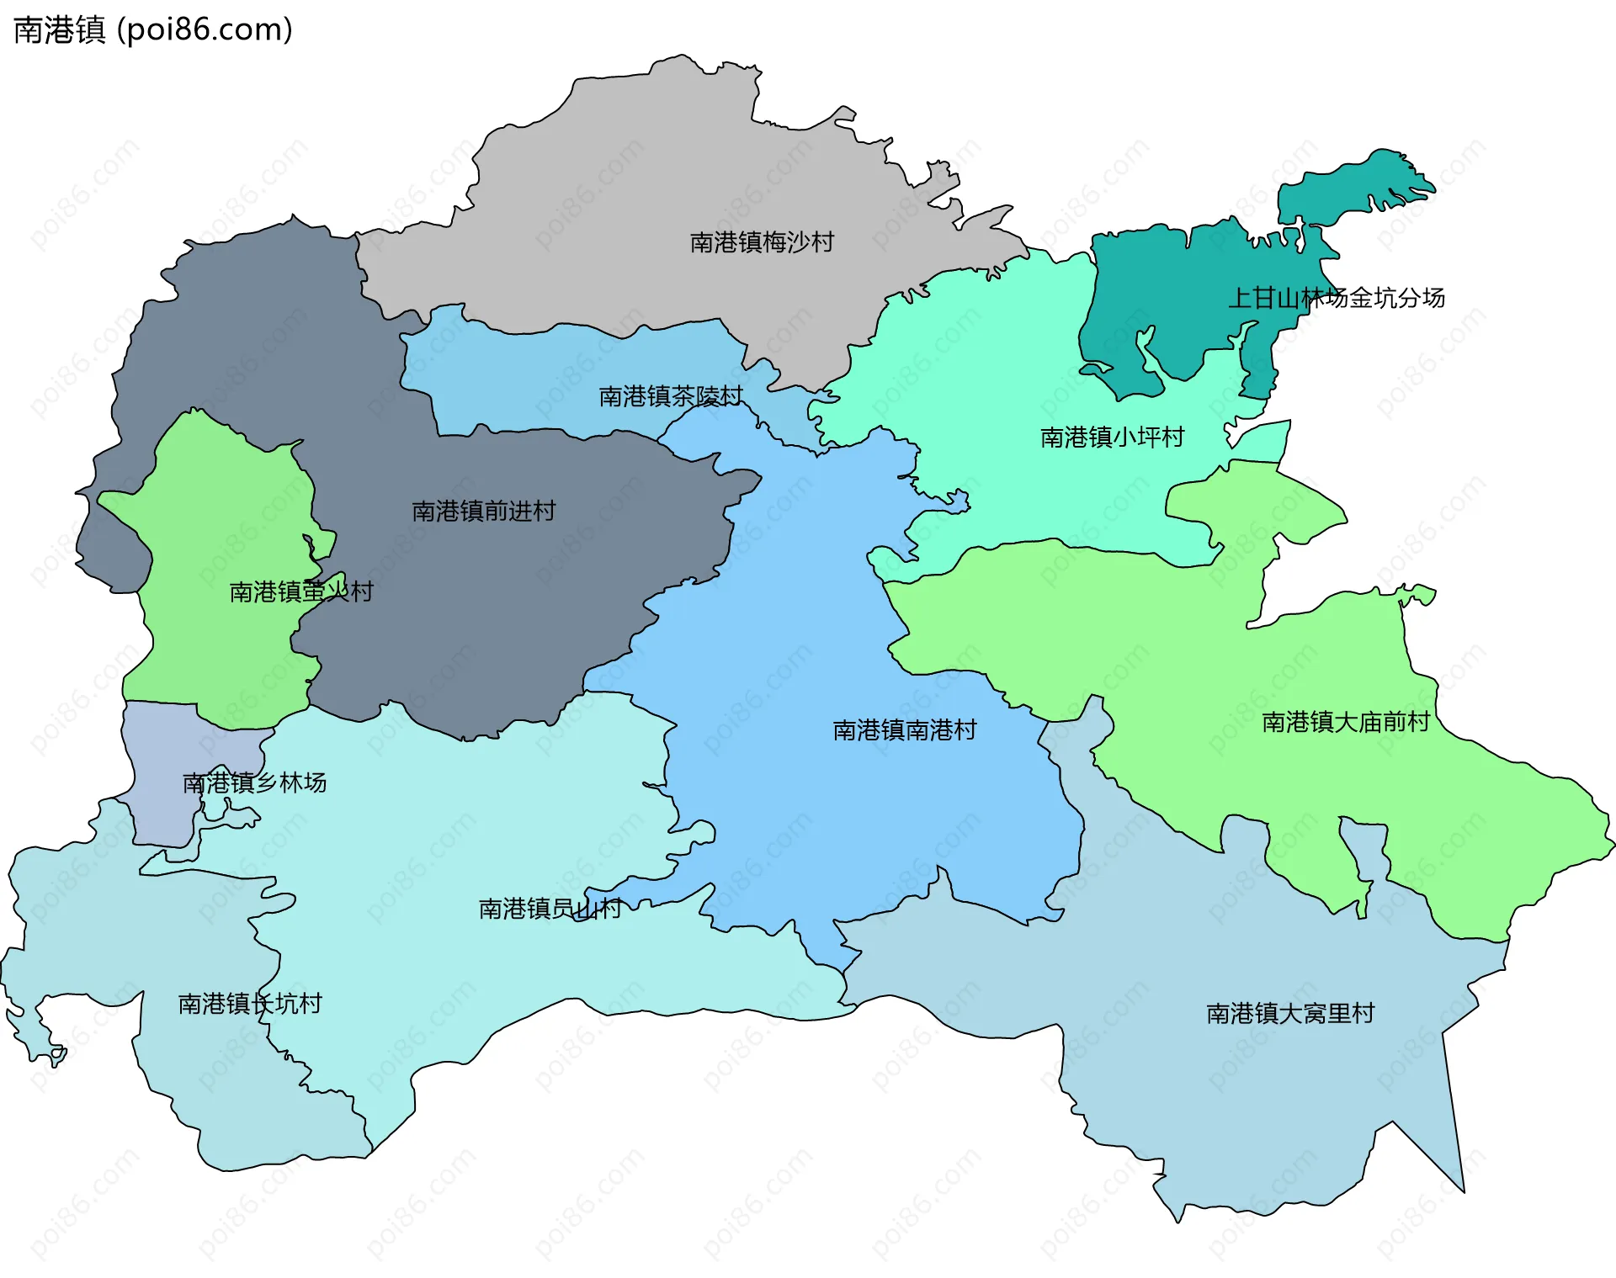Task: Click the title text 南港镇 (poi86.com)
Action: [153, 29]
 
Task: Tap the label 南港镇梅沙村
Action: [762, 242]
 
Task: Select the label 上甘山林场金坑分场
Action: [1336, 297]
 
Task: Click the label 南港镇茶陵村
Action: [671, 395]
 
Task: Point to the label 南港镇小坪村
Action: [1112, 437]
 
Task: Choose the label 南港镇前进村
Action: [483, 511]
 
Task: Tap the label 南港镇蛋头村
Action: [300, 591]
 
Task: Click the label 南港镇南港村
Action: [904, 729]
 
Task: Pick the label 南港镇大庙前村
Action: [1345, 721]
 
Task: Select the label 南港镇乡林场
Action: [254, 782]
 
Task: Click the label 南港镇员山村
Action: [550, 908]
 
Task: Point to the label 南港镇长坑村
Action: [249, 1003]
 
